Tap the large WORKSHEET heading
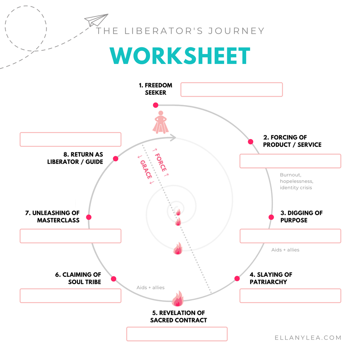(x=180, y=56)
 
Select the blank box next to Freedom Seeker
(x=231, y=90)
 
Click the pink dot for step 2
(x=250, y=142)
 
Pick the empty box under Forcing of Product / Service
(x=290, y=161)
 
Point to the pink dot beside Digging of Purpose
(x=271, y=217)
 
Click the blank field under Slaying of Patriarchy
(x=290, y=296)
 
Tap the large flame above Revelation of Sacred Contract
(x=177, y=299)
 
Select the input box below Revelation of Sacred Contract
(x=177, y=334)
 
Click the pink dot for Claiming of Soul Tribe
(x=113, y=279)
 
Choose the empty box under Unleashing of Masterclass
(x=70, y=236)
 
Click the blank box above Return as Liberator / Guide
(x=70, y=139)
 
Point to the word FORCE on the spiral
(x=161, y=162)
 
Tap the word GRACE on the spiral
(x=146, y=170)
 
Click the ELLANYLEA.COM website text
(x=308, y=338)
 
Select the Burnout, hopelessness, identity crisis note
(x=296, y=181)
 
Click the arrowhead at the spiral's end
(x=174, y=138)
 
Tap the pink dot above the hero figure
(x=156, y=105)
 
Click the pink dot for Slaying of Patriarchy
(x=237, y=278)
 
